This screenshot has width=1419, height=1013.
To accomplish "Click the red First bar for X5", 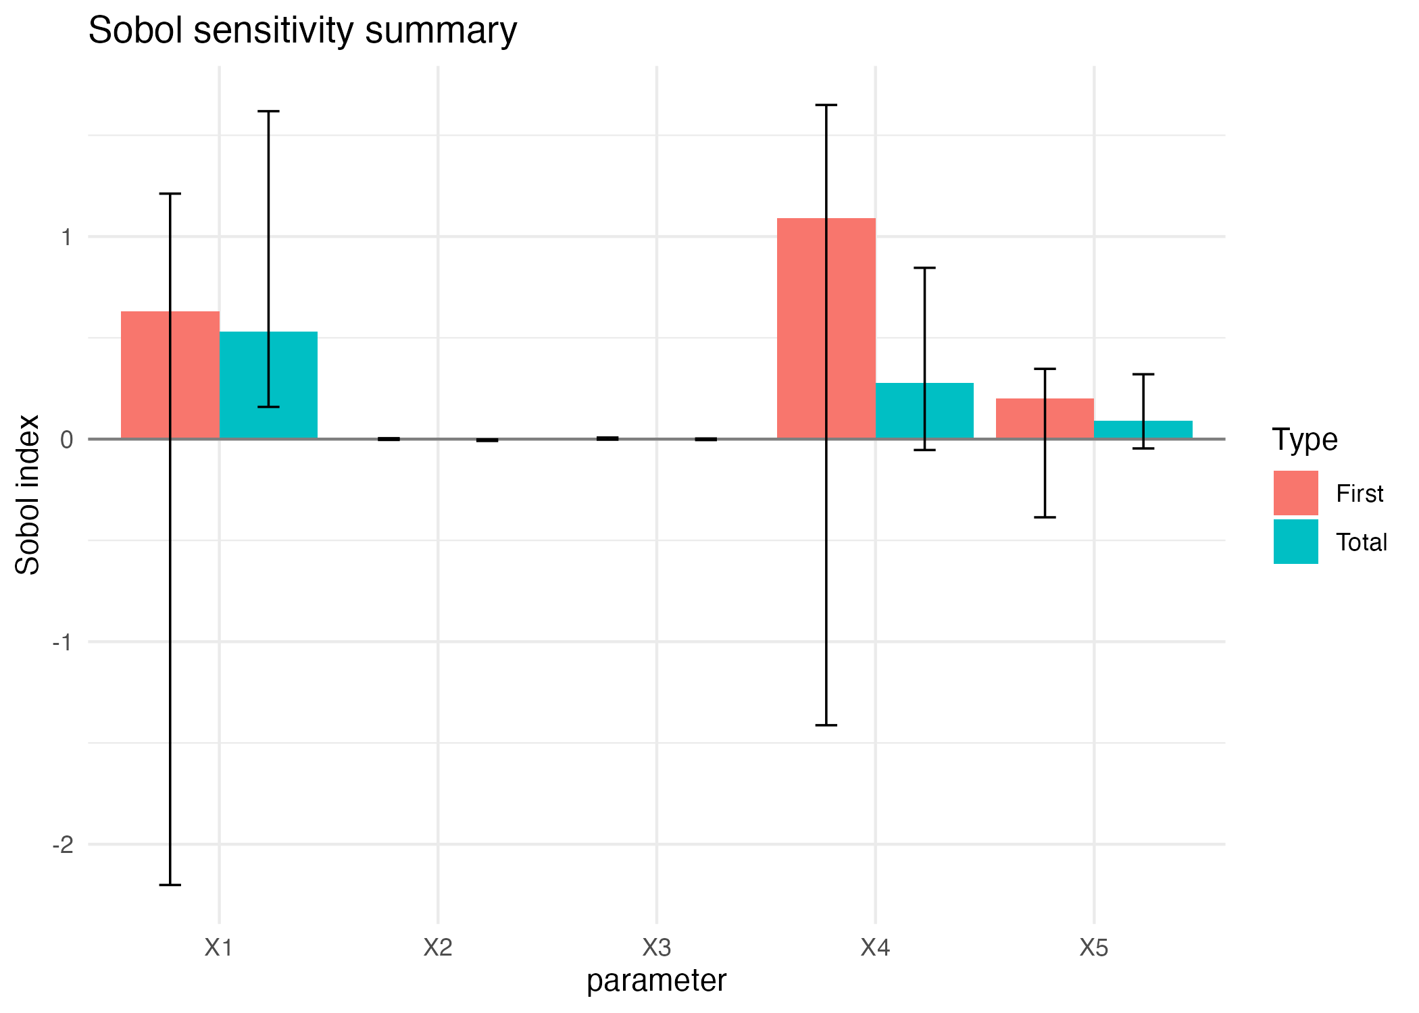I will pyautogui.click(x=1020, y=419).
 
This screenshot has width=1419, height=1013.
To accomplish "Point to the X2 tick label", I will pyautogui.click(x=438, y=948).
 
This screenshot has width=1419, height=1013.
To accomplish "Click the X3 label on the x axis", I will pyautogui.click(x=657, y=948).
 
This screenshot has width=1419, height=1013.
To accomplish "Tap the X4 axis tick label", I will pyautogui.click(x=875, y=948).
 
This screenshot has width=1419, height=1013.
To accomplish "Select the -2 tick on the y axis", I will pyautogui.click(x=63, y=844).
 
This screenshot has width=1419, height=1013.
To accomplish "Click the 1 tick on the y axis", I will pyautogui.click(x=66, y=237).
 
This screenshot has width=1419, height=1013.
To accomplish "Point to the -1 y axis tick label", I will pyautogui.click(x=63, y=642).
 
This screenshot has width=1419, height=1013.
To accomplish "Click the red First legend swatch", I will pyautogui.click(x=1295, y=493).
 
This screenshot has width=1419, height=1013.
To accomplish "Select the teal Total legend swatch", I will pyautogui.click(x=1295, y=542).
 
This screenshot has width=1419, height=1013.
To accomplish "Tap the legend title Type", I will pyautogui.click(x=1304, y=440).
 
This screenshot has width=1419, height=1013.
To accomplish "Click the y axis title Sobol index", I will pyautogui.click(x=28, y=494).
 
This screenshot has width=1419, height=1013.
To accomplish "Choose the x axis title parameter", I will pyautogui.click(x=656, y=981).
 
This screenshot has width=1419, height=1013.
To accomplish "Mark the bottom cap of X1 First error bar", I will pyautogui.click(x=170, y=885).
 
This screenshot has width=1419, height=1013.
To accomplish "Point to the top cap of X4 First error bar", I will pyautogui.click(x=826, y=105).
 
